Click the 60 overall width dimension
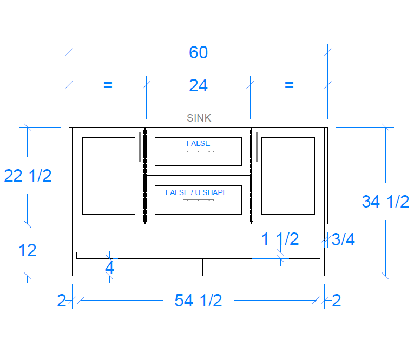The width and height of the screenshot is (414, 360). point(198,52)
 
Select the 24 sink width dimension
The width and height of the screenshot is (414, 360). point(198,85)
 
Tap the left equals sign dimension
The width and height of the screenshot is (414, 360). point(108,85)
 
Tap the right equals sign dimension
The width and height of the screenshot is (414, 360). point(289,85)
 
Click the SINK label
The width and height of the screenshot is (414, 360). point(199,118)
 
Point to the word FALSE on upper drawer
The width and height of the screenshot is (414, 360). point(198,143)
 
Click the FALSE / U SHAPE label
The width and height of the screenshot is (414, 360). point(196,192)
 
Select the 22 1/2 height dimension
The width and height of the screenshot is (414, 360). point(28,176)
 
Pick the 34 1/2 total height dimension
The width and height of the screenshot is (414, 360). point(385,202)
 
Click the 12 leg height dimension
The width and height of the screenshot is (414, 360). point(27,250)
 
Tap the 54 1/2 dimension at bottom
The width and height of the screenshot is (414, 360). point(198,301)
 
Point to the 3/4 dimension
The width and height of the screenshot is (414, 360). point(343,239)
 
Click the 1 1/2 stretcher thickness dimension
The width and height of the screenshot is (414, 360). point(280,239)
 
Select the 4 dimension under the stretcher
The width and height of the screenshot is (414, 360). point(109,268)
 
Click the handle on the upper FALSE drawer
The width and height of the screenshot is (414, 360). point(198,152)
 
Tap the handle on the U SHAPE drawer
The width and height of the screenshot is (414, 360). point(198,200)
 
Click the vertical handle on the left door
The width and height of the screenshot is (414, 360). point(140,147)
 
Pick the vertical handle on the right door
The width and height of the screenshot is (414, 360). point(257,147)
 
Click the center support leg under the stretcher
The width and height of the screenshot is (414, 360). point(198,267)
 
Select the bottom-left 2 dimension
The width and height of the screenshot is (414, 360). point(62,301)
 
